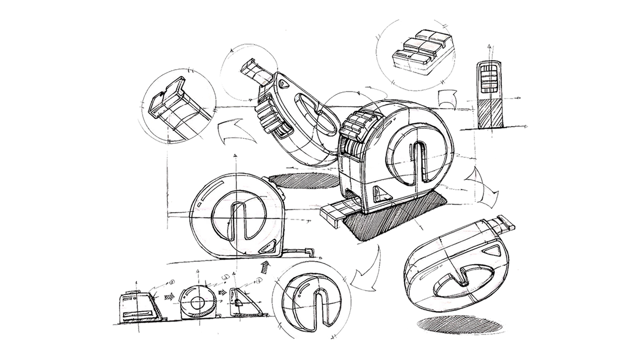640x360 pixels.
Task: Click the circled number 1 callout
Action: point(172,282)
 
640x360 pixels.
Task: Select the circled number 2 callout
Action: point(225,277)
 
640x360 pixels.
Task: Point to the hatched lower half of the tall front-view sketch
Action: point(488,114)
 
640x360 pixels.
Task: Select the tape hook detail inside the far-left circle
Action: point(170,100)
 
